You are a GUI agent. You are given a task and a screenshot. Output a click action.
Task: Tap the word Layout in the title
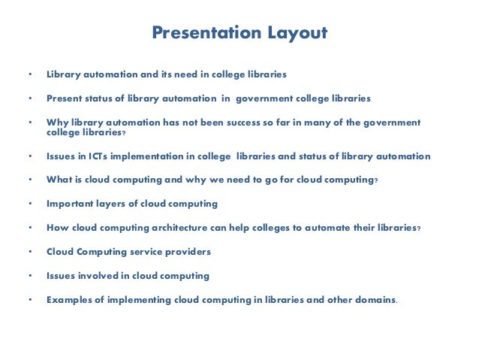[298, 33]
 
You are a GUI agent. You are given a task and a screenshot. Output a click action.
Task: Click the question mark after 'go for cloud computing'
[375, 180]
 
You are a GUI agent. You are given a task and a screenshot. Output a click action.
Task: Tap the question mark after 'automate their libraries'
[418, 227]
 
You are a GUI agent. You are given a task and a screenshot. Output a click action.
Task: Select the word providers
[190, 251]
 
